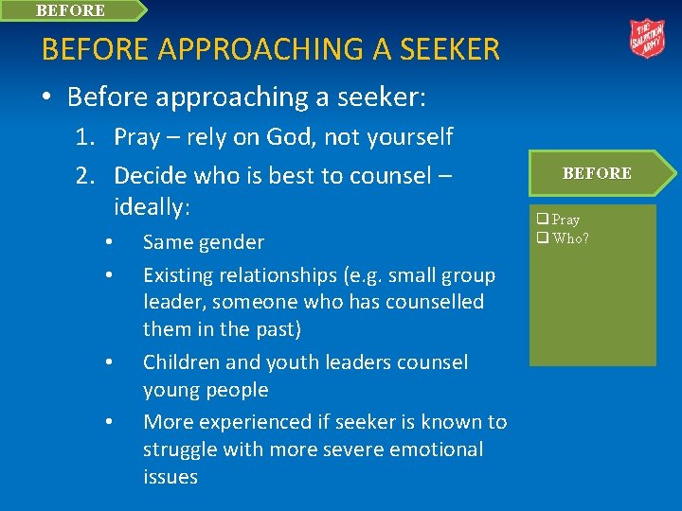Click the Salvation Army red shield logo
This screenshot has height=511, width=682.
pyautogui.click(x=648, y=39)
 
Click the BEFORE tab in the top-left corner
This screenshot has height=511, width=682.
pyautogui.click(x=71, y=10)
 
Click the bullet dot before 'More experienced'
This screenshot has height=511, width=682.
pyautogui.click(x=110, y=422)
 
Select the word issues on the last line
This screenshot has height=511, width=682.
pyautogui.click(x=170, y=477)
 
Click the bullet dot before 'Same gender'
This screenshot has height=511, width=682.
pyautogui.click(x=110, y=242)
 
